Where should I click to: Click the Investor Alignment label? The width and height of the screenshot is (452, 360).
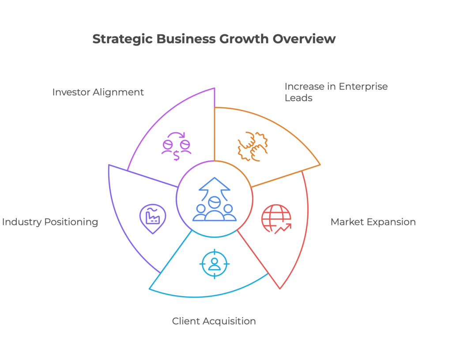98,92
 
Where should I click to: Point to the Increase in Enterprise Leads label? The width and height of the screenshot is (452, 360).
336,92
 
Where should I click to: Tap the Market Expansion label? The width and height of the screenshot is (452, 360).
373,222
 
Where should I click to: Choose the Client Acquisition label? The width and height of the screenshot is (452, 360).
214,321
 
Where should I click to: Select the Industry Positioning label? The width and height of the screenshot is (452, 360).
50,222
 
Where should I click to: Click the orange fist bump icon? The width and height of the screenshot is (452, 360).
252,146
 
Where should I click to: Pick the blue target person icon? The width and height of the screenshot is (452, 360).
215,264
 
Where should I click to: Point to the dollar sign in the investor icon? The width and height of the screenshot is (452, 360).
176,156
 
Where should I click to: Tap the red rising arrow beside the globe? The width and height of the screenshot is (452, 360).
283,229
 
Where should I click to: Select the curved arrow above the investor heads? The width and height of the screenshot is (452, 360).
177,135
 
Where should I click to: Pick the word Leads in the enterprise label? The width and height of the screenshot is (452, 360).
298,98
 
